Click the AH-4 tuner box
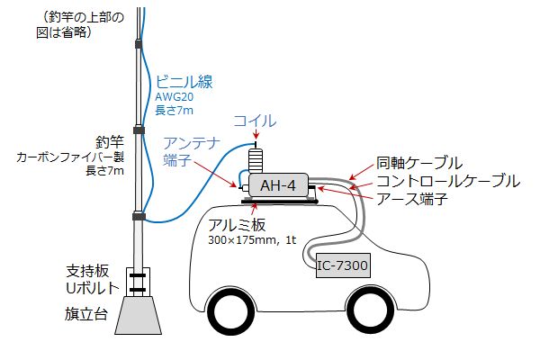(x=278, y=185)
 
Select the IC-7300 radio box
(x=344, y=265)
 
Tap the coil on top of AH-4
(x=256, y=160)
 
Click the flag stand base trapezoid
(x=139, y=316)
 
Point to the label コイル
(x=255, y=121)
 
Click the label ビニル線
(x=184, y=82)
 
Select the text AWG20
(x=175, y=97)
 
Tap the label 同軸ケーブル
(x=419, y=163)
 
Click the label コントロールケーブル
(x=448, y=181)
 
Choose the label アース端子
(x=412, y=199)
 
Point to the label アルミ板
(x=237, y=225)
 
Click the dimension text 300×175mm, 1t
(x=252, y=239)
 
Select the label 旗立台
(x=86, y=314)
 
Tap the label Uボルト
(x=93, y=288)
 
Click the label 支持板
(x=87, y=271)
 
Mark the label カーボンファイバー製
(x=70, y=157)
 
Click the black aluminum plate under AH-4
(x=280, y=201)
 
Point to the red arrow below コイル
(x=256, y=135)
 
